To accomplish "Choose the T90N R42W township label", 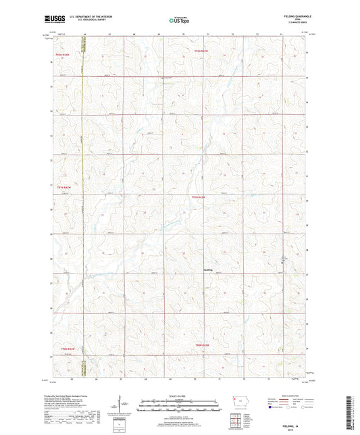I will (x=203, y=345).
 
